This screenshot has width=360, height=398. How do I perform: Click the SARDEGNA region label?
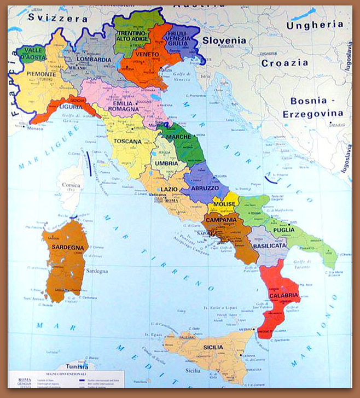coord(68,247)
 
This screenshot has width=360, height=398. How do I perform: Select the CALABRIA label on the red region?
coord(284,296)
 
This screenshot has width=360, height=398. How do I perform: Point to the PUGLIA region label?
coord(284,230)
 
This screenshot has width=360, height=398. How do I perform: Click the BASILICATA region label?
coord(269,247)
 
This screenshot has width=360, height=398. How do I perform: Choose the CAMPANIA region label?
coord(220,220)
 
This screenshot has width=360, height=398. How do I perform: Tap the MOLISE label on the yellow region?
coord(224,204)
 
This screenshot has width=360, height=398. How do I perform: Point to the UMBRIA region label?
coord(166,163)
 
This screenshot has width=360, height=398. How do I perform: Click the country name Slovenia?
coord(224,40)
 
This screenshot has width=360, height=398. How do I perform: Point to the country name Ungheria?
coord(315,25)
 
